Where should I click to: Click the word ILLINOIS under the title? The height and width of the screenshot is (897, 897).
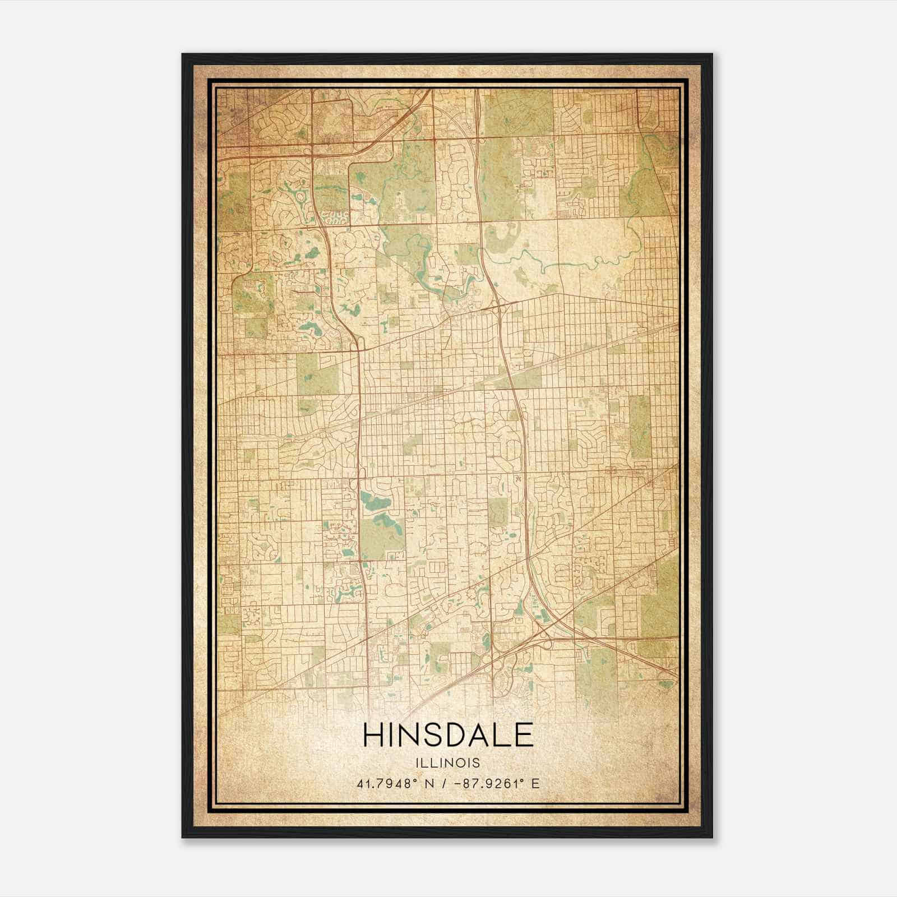[448, 763]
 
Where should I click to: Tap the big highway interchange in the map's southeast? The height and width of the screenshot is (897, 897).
[552, 634]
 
